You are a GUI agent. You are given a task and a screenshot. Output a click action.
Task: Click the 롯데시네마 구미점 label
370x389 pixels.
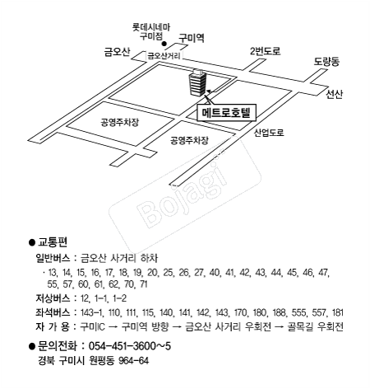click(x=151, y=31)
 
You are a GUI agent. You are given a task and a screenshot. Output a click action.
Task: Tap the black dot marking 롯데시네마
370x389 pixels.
click(x=164, y=44)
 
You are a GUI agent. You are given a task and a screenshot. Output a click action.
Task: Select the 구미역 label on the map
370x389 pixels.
click(x=192, y=38)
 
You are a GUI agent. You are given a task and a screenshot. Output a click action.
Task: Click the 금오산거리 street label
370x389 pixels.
click(x=164, y=56)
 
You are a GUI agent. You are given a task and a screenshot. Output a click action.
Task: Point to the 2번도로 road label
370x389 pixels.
click(x=266, y=51)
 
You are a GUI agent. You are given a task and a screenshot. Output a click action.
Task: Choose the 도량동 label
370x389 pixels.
click(x=326, y=61)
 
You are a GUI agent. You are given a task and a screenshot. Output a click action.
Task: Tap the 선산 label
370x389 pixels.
click(x=335, y=94)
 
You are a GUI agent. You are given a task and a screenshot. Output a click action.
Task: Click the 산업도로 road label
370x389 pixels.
click(x=269, y=133)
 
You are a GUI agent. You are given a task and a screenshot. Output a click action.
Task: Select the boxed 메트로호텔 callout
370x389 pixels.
click(x=226, y=112)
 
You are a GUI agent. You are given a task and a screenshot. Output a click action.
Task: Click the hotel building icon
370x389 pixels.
click(x=197, y=82)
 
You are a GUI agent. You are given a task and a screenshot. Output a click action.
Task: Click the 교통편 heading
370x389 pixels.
click(x=53, y=242)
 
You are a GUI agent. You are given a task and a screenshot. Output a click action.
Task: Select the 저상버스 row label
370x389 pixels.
click(x=53, y=298)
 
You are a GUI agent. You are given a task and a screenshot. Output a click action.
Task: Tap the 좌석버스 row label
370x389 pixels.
click(x=53, y=312)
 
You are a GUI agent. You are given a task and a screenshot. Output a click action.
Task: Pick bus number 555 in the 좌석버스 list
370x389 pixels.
click(x=300, y=312)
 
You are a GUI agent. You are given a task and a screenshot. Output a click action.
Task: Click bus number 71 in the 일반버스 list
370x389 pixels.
click(x=143, y=284)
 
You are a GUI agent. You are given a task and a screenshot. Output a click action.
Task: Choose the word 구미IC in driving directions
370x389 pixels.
click(x=93, y=326)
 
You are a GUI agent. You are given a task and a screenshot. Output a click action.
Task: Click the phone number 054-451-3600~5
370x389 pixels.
click(x=130, y=346)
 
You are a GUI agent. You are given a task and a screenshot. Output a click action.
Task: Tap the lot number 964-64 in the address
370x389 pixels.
click(x=134, y=360)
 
